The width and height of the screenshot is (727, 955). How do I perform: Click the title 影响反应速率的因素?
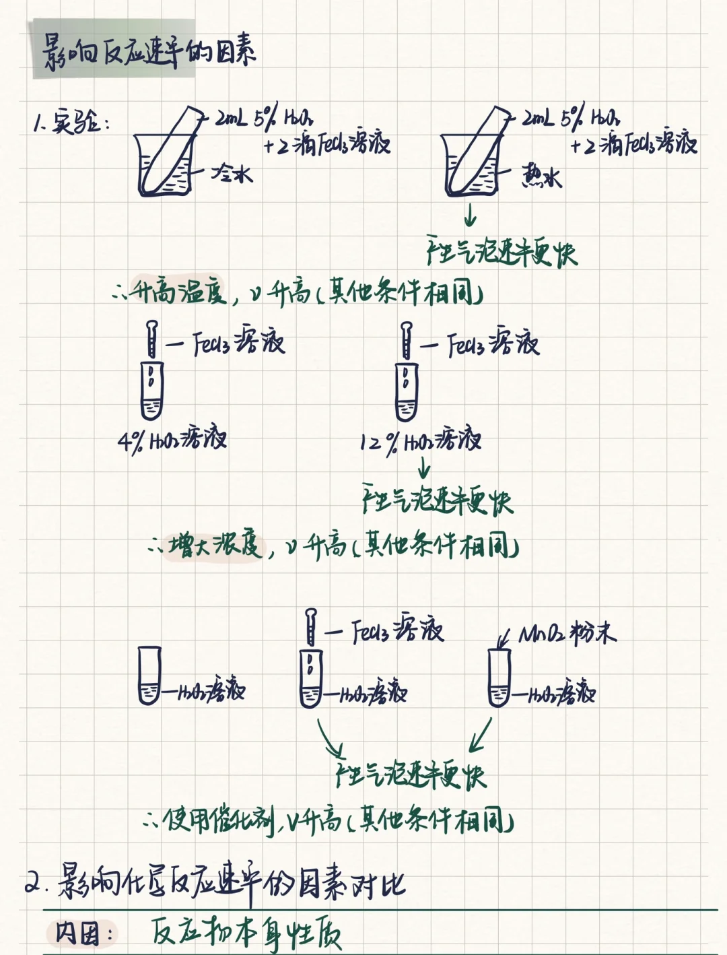(x=149, y=52)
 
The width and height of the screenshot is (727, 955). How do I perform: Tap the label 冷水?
(x=232, y=174)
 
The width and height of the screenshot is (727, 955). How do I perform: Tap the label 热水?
(x=541, y=177)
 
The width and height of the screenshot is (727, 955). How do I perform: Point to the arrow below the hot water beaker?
(x=471, y=216)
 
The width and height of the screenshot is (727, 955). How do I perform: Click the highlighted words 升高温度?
(x=178, y=290)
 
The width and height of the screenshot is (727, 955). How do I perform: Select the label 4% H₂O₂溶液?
(x=172, y=440)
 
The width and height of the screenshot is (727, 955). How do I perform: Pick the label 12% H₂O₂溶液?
(x=421, y=441)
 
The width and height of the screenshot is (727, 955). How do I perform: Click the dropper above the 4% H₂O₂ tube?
(x=152, y=339)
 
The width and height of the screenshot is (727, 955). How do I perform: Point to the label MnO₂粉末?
(x=567, y=634)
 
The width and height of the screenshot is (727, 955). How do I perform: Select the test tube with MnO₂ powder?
(x=499, y=678)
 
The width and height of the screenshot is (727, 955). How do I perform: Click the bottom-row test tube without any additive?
(x=149, y=676)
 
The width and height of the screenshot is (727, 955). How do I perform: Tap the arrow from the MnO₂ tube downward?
(x=481, y=735)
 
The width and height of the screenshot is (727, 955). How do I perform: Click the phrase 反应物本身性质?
(x=246, y=933)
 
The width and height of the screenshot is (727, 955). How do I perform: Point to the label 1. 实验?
(x=71, y=123)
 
